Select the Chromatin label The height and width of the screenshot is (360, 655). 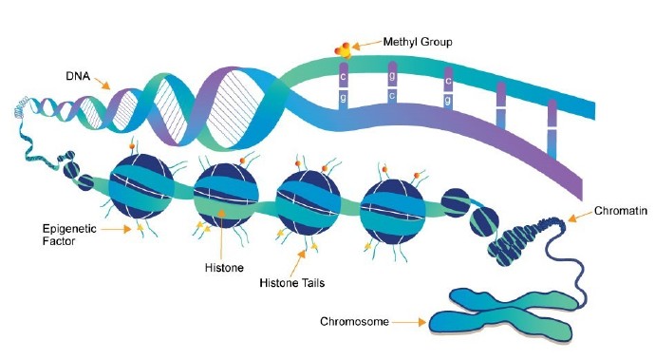coord(621,212)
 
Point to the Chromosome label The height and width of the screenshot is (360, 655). coord(353,322)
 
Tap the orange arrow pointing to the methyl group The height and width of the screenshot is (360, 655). coord(367,44)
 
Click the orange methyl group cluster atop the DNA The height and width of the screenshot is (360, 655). coord(342,47)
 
